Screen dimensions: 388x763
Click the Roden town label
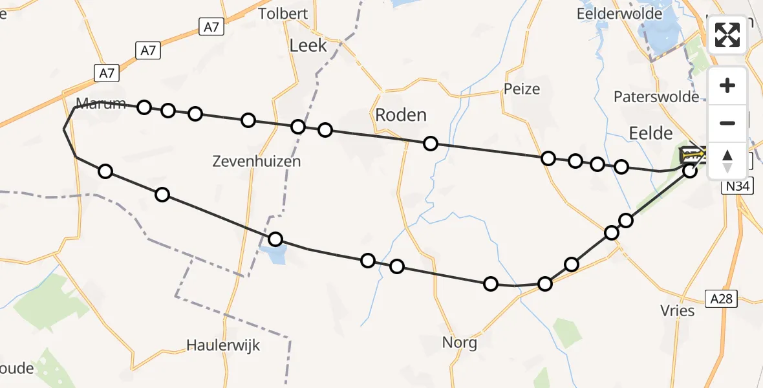[401, 115]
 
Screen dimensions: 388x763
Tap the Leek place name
[308, 46]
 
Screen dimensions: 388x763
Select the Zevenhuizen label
[257, 162]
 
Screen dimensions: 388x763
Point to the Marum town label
[100, 103]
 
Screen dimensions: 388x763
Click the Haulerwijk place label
[223, 345]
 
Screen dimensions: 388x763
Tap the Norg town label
[460, 342]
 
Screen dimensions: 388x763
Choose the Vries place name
[678, 310]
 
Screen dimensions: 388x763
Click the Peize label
[522, 89]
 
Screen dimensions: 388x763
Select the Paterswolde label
[656, 97]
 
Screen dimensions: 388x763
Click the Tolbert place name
[282, 14]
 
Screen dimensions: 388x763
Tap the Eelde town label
[650, 133]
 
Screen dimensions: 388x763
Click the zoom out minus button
[727, 123]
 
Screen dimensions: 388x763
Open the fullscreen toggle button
[727, 34]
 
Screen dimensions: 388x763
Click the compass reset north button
[727, 160]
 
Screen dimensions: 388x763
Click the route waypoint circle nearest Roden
[431, 144]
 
